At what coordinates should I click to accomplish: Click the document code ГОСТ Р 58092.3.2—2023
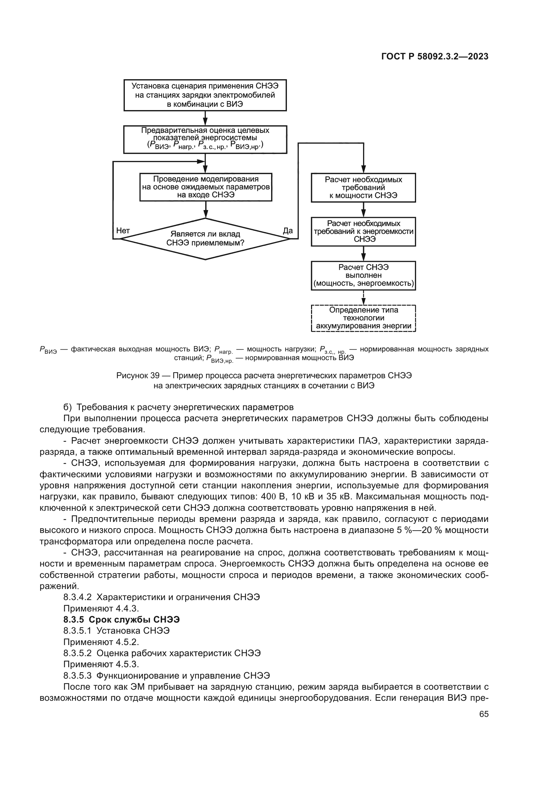[435, 57]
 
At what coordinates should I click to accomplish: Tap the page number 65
[484, 714]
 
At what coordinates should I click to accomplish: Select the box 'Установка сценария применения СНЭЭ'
[205, 95]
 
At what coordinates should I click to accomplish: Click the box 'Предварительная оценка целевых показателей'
[205, 139]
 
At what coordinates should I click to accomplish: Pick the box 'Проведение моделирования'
[206, 187]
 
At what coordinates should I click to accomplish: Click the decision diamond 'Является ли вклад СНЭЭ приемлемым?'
[205, 239]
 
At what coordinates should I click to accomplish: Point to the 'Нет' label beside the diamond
[123, 231]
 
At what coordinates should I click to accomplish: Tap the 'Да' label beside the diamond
[288, 231]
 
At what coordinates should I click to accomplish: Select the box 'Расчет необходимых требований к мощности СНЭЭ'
[363, 188]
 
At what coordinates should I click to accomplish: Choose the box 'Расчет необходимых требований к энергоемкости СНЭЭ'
[363, 232]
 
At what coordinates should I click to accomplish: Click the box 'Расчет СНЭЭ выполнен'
[363, 276]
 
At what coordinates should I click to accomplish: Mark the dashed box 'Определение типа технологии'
[363, 318]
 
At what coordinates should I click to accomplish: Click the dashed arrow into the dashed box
[364, 297]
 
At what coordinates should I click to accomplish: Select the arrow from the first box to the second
[205, 118]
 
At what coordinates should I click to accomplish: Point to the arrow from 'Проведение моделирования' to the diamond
[205, 209]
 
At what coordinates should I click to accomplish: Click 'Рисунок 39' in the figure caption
[138, 376]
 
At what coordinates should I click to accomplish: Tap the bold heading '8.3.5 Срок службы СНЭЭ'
[121, 620]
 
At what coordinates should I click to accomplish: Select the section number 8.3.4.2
[78, 597]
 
